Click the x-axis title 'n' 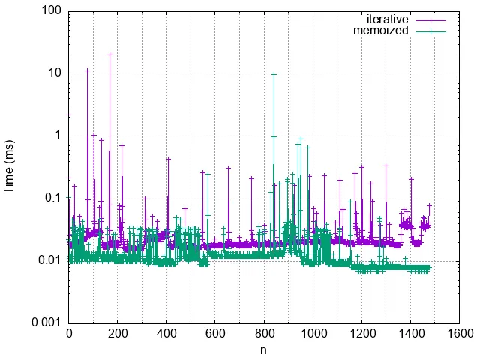click(x=264, y=349)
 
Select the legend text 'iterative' click(x=387, y=19)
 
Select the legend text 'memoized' click(x=381, y=31)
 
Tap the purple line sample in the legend click(x=430, y=19)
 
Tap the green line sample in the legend click(x=430, y=31)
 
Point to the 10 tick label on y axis click(x=55, y=73)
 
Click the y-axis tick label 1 click(x=58, y=136)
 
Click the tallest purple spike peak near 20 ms click(x=110, y=54)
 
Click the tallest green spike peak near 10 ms click(x=274, y=73)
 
